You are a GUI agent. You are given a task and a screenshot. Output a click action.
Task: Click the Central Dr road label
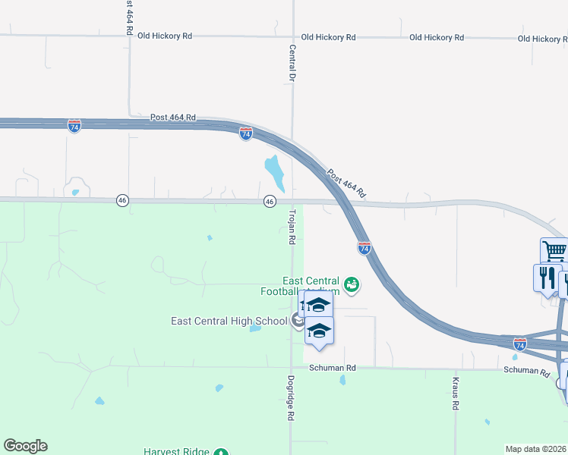[x=292, y=63]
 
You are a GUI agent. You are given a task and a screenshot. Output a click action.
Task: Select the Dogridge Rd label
[x=291, y=398]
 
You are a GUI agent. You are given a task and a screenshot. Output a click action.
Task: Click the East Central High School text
[x=229, y=321]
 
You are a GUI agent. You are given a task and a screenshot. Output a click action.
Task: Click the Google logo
[x=25, y=446]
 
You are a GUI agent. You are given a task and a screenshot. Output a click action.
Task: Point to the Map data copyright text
[x=536, y=448]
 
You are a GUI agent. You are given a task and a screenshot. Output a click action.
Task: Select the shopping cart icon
[x=554, y=250]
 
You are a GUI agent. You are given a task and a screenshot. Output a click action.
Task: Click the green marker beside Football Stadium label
[x=352, y=285]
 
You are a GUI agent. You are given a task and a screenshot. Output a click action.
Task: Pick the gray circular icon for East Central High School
[x=296, y=321]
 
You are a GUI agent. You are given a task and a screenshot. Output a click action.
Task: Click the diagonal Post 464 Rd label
[x=347, y=183]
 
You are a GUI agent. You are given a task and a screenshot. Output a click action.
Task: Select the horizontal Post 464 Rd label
[x=173, y=117]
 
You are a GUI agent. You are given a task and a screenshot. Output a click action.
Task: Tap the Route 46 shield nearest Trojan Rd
[x=270, y=201]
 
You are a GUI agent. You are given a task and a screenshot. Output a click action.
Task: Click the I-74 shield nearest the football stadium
[x=364, y=247]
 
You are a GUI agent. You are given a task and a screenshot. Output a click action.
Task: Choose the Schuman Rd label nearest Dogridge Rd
[x=333, y=368]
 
